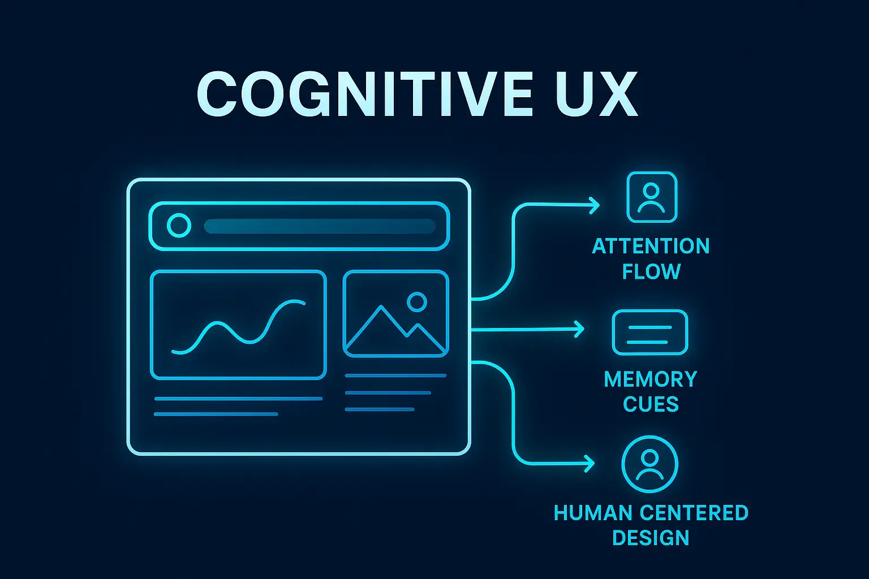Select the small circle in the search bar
point(179,226)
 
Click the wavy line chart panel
point(238,325)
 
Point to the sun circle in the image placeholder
point(417,302)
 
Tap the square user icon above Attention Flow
point(652,197)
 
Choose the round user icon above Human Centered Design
point(649,464)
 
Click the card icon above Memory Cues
point(649,332)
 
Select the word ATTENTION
point(651,247)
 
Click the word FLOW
point(651,272)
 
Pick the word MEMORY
point(651,379)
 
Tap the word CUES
point(651,404)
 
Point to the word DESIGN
point(651,538)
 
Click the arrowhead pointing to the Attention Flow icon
point(595,205)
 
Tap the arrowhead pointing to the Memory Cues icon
point(579,329)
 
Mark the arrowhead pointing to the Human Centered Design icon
point(590,464)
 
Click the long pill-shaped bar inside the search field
point(320,226)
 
